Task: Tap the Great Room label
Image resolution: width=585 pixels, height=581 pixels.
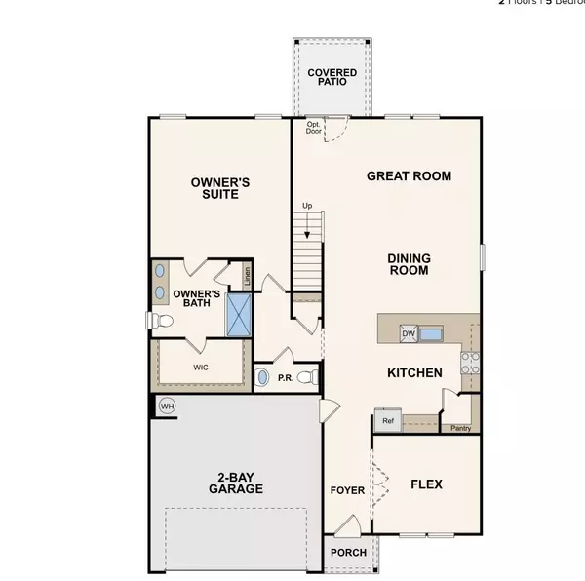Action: pos(409,176)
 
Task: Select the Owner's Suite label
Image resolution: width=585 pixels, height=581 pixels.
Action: pos(220,188)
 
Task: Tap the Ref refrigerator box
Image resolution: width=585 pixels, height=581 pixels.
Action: pos(385,422)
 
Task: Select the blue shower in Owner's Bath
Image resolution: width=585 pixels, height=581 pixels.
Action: pos(239,313)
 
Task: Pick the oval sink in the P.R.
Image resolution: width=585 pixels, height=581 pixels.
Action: pos(262,376)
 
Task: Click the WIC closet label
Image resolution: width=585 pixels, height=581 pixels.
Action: pos(200,368)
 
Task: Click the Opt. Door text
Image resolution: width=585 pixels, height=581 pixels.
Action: pos(314,128)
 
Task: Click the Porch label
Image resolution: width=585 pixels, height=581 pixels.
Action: pos(349,553)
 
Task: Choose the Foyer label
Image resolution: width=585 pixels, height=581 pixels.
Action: pos(345,491)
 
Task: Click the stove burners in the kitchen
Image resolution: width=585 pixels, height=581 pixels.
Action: pos(468,363)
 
